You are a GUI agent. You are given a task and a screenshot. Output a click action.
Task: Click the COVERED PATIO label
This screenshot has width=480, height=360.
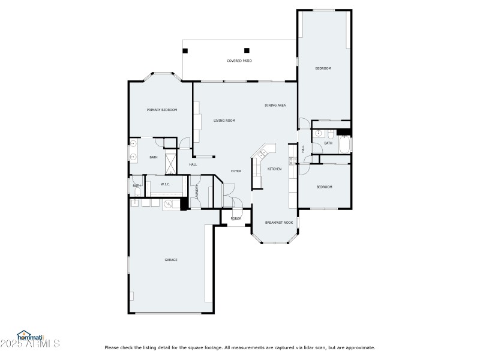(239, 61)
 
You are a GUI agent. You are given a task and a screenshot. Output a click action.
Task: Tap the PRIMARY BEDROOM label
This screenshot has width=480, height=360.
(162, 110)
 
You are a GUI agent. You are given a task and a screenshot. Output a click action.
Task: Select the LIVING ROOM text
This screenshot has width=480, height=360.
(224, 121)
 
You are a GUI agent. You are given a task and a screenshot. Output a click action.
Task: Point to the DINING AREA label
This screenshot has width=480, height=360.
(275, 105)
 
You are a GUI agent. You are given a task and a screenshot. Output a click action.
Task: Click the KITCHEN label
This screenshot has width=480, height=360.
(274, 169)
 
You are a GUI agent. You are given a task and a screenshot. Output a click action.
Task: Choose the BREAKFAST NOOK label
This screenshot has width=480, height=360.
(279, 223)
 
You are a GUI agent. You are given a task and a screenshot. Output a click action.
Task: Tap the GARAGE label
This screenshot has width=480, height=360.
(171, 260)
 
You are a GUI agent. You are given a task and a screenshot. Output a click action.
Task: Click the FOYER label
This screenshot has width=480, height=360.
(236, 171)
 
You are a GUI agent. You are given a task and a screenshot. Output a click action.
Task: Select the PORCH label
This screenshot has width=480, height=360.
(236, 218)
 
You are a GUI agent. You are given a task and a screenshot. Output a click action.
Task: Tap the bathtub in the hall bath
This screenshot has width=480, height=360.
(345, 145)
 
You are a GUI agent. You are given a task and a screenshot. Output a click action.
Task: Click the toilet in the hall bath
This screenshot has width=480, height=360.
(331, 133)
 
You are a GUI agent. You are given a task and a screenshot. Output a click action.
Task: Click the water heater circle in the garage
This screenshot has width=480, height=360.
(169, 205)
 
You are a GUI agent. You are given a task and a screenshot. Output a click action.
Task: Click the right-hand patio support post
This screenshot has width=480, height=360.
(247, 50)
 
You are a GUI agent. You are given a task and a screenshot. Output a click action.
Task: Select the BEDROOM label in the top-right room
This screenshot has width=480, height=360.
(323, 68)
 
